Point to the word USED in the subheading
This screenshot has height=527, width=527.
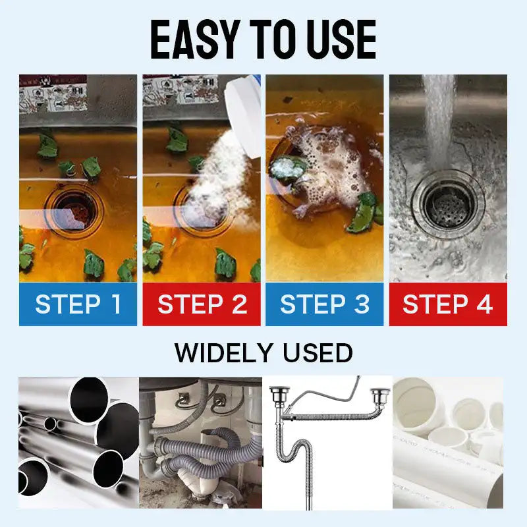[x=318, y=353]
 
